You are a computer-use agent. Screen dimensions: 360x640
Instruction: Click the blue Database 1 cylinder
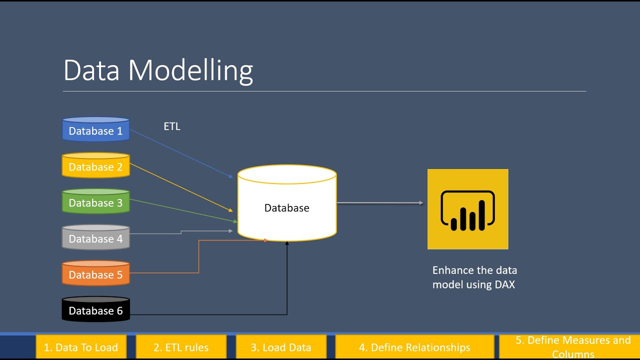[95, 130]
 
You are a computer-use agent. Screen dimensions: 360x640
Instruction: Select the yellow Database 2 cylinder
[95, 166]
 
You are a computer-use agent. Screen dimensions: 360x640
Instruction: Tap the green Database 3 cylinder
[95, 202]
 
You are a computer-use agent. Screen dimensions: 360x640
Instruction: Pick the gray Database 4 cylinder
[95, 238]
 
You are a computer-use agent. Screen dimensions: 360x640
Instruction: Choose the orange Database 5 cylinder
[95, 274]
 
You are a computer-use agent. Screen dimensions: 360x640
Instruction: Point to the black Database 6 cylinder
[95, 310]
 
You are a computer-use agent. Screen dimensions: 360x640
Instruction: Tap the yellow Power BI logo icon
[467, 209]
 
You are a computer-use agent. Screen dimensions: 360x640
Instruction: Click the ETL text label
[172, 126]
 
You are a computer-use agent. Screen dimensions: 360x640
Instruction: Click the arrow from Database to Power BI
[380, 203]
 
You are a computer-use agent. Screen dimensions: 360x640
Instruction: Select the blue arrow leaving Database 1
[180, 153]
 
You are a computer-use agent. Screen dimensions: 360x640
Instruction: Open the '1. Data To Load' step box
[81, 347]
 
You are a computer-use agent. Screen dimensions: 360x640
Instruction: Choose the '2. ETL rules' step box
[181, 347]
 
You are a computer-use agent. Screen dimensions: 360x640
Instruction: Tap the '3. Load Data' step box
[281, 347]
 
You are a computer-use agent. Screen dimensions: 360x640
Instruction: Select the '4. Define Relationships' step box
[414, 347]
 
